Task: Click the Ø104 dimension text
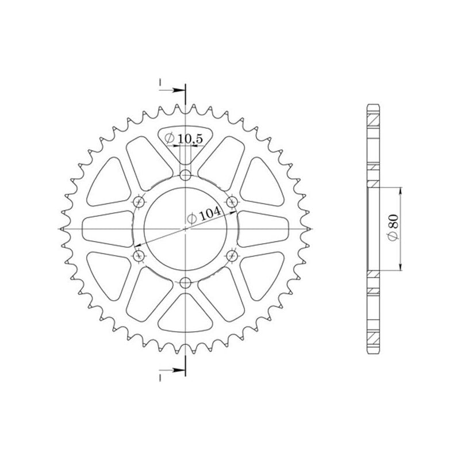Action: (x=205, y=216)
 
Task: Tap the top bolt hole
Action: (x=186, y=175)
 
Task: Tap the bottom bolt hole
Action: (x=186, y=282)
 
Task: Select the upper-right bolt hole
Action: (x=232, y=202)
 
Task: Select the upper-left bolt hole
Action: (x=139, y=202)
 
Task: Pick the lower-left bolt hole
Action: (x=139, y=255)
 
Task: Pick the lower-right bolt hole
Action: (x=232, y=255)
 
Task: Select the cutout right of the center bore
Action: (x=263, y=228)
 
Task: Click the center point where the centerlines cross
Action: (x=186, y=228)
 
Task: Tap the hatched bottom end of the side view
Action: (x=373, y=338)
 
